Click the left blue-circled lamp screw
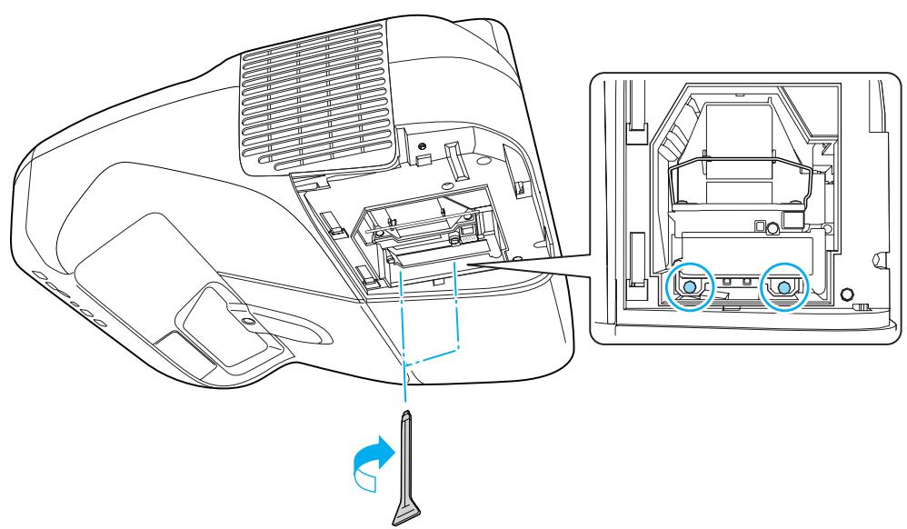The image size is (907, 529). pos(689,286)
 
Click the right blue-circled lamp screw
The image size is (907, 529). pos(784,286)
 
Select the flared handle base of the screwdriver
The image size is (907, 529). pos(406,510)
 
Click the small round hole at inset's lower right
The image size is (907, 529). pos(847,294)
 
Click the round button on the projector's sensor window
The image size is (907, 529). pos(246,318)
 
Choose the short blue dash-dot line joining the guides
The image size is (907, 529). pos(432,355)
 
